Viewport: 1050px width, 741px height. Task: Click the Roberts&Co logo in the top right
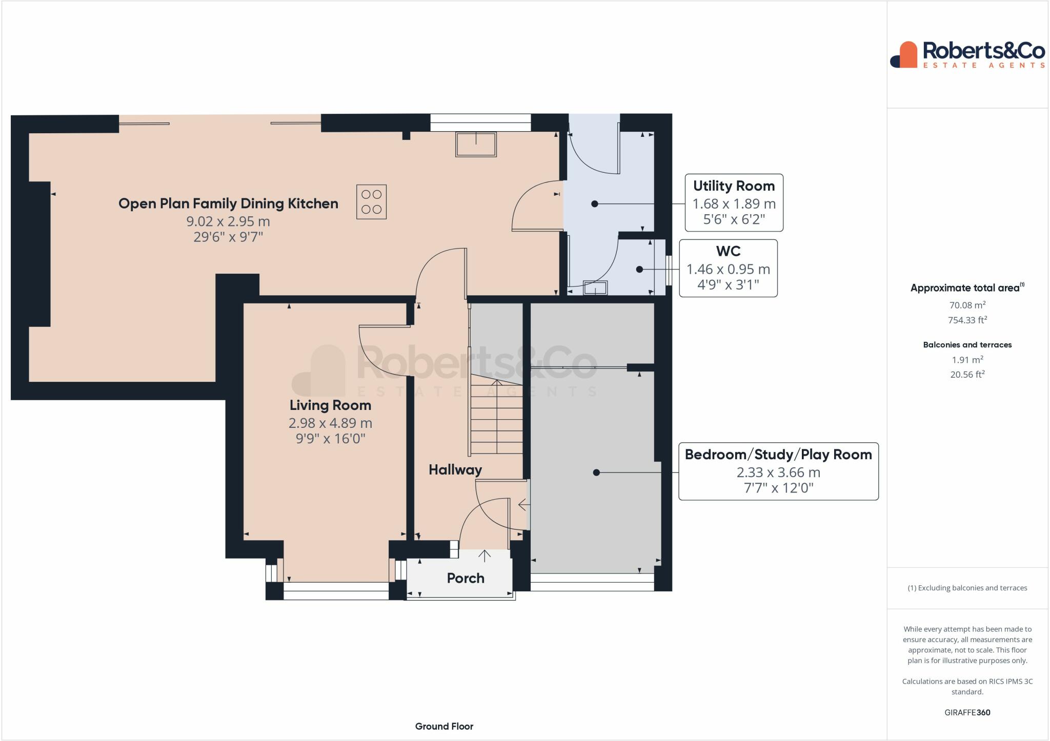[x=967, y=55]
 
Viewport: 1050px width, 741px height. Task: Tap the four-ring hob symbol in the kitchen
[x=371, y=202]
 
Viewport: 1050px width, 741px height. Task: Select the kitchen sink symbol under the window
[x=476, y=144]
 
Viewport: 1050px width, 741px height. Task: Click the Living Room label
[x=330, y=405]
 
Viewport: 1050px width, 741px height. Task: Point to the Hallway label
[x=455, y=470]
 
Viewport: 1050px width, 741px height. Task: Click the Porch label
[x=466, y=578]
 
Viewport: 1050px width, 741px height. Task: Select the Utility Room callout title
[x=734, y=186]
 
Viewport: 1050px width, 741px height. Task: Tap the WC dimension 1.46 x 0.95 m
[x=728, y=269]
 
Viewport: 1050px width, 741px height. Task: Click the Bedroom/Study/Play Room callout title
[x=778, y=455]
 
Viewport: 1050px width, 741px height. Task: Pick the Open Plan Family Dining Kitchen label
[x=228, y=203]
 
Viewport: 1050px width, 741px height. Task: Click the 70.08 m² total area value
[x=967, y=305]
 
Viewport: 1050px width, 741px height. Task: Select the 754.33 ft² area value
[x=967, y=320]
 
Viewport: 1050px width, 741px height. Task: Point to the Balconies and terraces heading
[x=967, y=345]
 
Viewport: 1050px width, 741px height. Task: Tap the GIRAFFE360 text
[x=967, y=712]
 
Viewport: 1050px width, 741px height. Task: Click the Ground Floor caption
[x=444, y=726]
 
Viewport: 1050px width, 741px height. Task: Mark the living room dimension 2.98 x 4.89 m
[x=330, y=423]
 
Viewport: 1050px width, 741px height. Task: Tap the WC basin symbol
[x=595, y=288]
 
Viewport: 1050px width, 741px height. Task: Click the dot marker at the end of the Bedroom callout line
[x=596, y=472]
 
